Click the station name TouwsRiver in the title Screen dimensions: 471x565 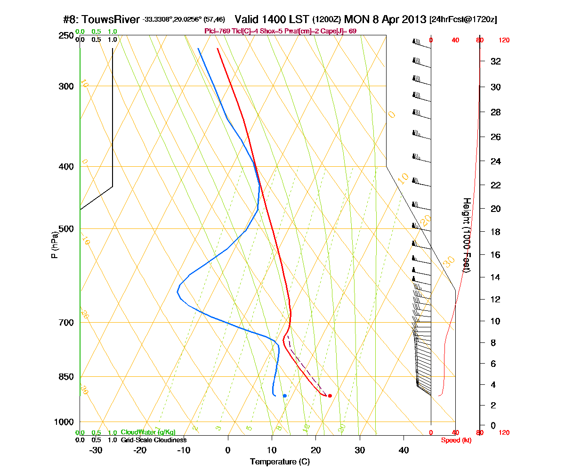111,19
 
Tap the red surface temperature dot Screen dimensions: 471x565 330,396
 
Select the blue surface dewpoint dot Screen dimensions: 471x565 284,396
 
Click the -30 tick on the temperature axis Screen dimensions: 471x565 96,450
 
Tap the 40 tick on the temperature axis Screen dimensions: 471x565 404,450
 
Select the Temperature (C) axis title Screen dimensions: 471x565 280,462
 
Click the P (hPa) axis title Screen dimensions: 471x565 56,245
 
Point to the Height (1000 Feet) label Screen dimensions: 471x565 467,235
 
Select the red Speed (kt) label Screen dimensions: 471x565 456,440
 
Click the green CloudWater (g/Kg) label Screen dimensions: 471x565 148,432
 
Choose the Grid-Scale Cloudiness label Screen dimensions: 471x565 153,440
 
